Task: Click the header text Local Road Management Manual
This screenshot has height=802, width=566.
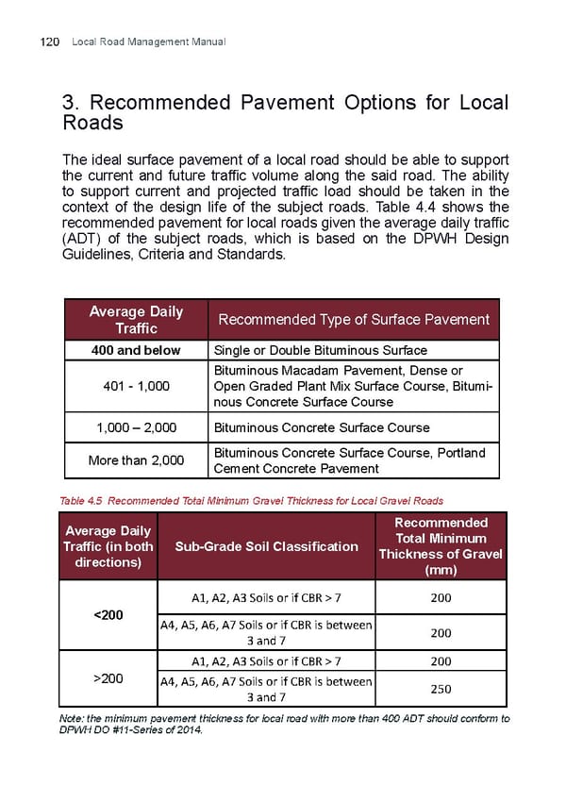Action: [148, 42]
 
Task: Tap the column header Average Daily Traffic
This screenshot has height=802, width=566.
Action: [136, 320]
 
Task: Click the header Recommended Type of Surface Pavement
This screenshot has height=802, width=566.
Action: [354, 320]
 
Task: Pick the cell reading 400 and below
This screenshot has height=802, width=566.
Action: [136, 350]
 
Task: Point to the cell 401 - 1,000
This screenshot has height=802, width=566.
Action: [136, 385]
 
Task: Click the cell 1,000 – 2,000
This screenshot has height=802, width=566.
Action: [136, 427]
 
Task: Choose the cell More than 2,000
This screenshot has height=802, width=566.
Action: [136, 460]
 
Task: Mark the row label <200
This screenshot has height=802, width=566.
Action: [108, 615]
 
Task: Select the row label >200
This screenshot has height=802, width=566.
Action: [108, 677]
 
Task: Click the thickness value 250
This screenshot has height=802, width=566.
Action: [441, 689]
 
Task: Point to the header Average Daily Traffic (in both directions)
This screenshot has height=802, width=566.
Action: [108, 546]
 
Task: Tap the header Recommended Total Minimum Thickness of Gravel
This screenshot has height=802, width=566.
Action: [441, 546]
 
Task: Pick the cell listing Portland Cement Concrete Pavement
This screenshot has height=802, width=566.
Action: [350, 460]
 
